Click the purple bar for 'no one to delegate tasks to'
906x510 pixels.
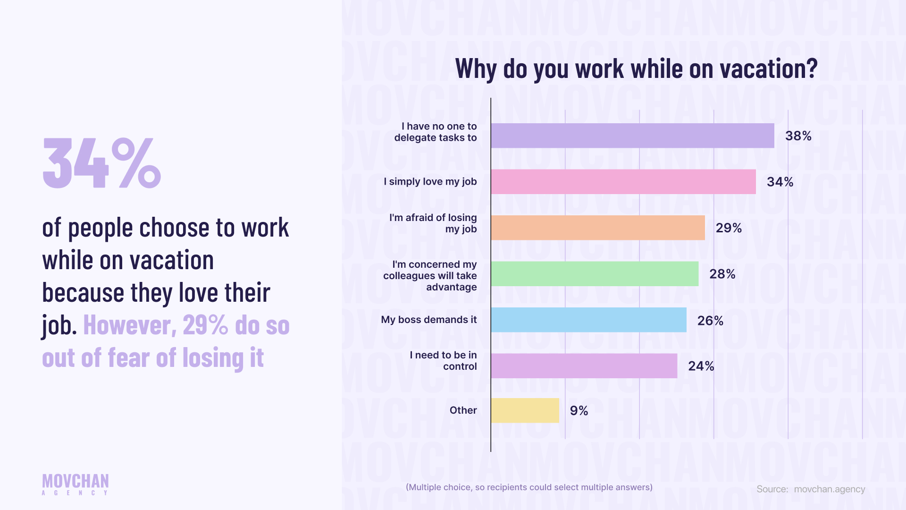[632, 136]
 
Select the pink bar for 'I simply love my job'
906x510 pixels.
[623, 182]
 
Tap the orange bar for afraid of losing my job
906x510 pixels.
[597, 228]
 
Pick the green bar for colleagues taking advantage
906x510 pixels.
[595, 274]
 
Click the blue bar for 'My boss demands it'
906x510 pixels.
[588, 320]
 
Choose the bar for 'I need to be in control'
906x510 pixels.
[584, 366]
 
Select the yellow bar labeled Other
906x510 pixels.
[525, 410]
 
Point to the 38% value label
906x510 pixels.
[798, 136]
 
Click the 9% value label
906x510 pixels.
[579, 411]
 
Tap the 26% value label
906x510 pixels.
[710, 321]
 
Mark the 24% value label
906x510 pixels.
[701, 366]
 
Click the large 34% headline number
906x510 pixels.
[101, 163]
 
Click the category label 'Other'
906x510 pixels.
[463, 410]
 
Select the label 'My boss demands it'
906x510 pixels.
[428, 320]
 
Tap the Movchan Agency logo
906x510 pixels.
[75, 484]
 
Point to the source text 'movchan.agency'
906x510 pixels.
[829, 489]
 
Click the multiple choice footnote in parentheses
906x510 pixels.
[529, 487]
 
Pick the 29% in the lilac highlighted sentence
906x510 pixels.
[205, 325]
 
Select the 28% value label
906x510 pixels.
[722, 274]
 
